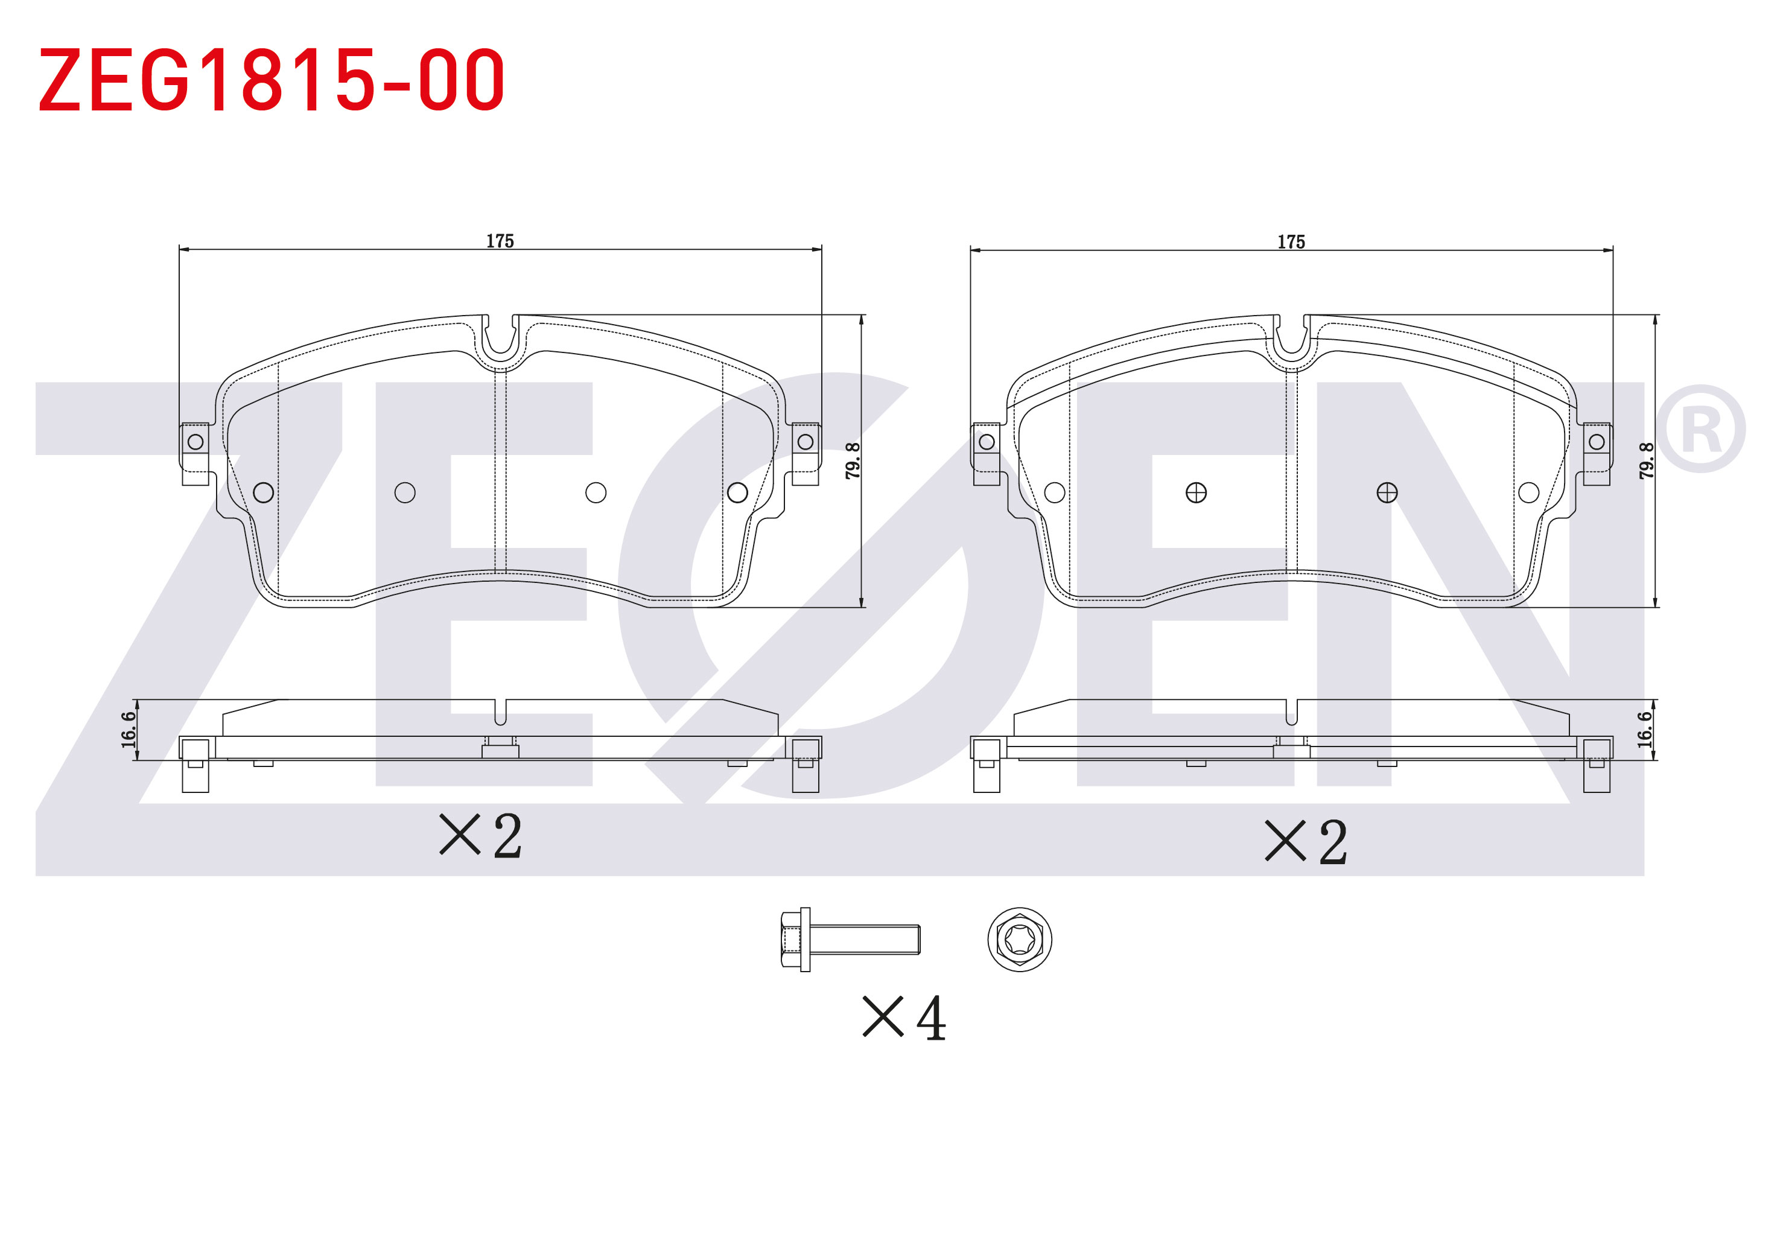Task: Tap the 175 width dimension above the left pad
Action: tap(500, 241)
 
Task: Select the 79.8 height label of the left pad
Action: tap(853, 460)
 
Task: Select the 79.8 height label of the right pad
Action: tap(1646, 460)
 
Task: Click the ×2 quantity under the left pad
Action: tap(481, 836)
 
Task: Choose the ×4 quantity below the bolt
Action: tap(904, 1017)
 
